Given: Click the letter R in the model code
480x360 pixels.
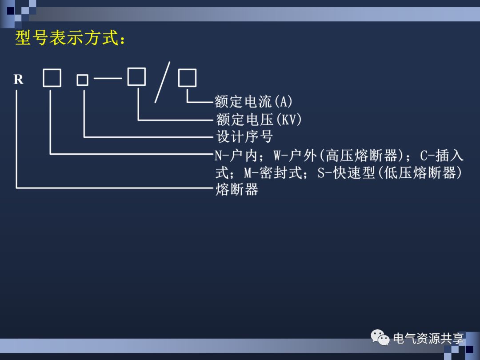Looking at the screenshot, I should pos(18,80).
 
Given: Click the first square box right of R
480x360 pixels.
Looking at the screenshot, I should pos(52,79).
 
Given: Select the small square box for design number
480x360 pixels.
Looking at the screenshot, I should pos(82,80).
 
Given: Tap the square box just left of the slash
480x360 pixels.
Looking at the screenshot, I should pos(136,76).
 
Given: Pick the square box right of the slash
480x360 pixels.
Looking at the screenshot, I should pos(187,79).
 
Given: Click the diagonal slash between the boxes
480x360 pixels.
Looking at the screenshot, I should pos(162,83).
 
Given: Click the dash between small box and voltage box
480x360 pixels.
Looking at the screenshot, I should pos(108,79).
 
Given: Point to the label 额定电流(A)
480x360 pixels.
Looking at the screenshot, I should pos(254,102).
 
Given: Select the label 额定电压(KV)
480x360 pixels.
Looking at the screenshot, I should pos(259,119).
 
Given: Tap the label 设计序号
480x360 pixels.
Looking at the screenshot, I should pos(244,136).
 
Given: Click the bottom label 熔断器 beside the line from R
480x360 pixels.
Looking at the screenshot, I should pos(237,190).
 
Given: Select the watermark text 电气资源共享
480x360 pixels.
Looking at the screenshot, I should pos(428,339).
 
